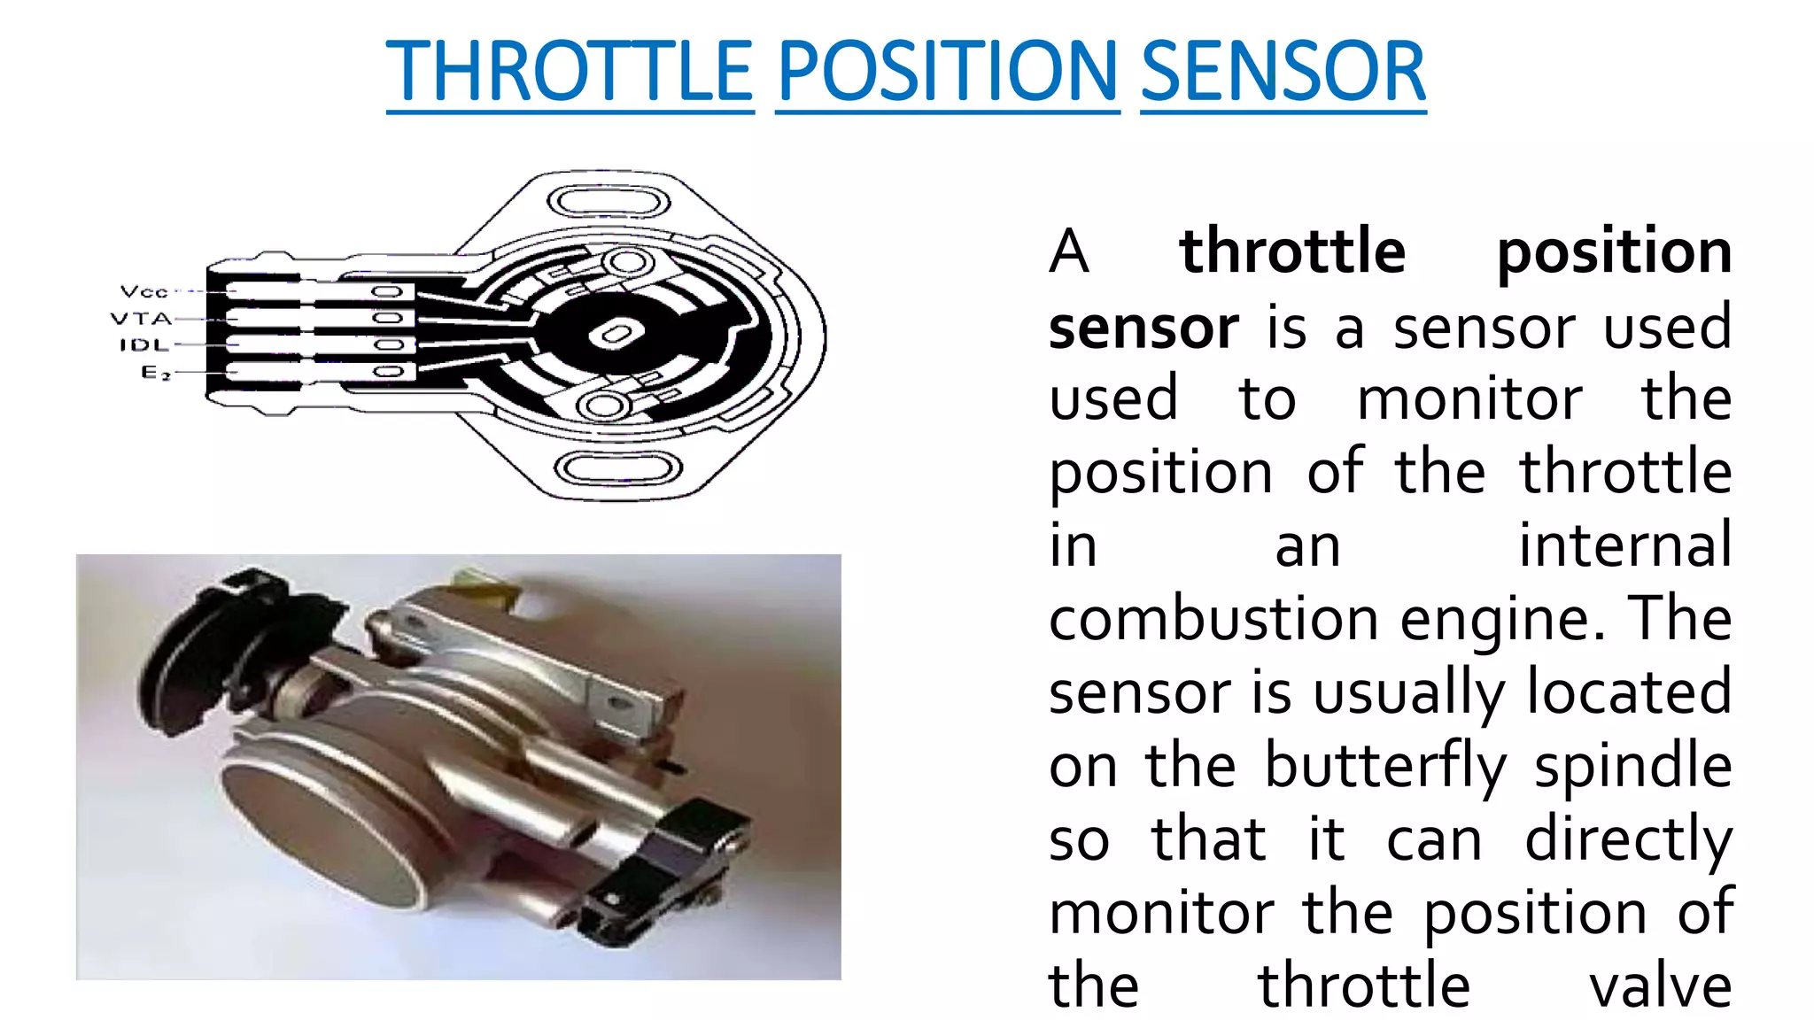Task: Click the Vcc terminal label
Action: pyautogui.click(x=143, y=291)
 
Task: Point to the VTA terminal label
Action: pyautogui.click(x=141, y=318)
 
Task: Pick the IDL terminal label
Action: pyautogui.click(x=144, y=344)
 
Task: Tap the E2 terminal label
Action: pyautogui.click(x=155, y=372)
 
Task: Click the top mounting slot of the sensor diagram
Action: pyautogui.click(x=608, y=200)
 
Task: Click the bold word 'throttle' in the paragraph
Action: pyautogui.click(x=1292, y=251)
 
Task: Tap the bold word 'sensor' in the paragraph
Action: pyautogui.click(x=1143, y=327)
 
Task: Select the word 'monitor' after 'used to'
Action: pyautogui.click(x=1469, y=399)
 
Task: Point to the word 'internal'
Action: pyautogui.click(x=1624, y=545)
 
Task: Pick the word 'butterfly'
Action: pyautogui.click(x=1385, y=766)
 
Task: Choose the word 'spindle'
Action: pyautogui.click(x=1632, y=766)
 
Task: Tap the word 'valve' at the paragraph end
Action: pyautogui.click(x=1660, y=985)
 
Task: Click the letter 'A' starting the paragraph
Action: pyautogui.click(x=1069, y=251)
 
